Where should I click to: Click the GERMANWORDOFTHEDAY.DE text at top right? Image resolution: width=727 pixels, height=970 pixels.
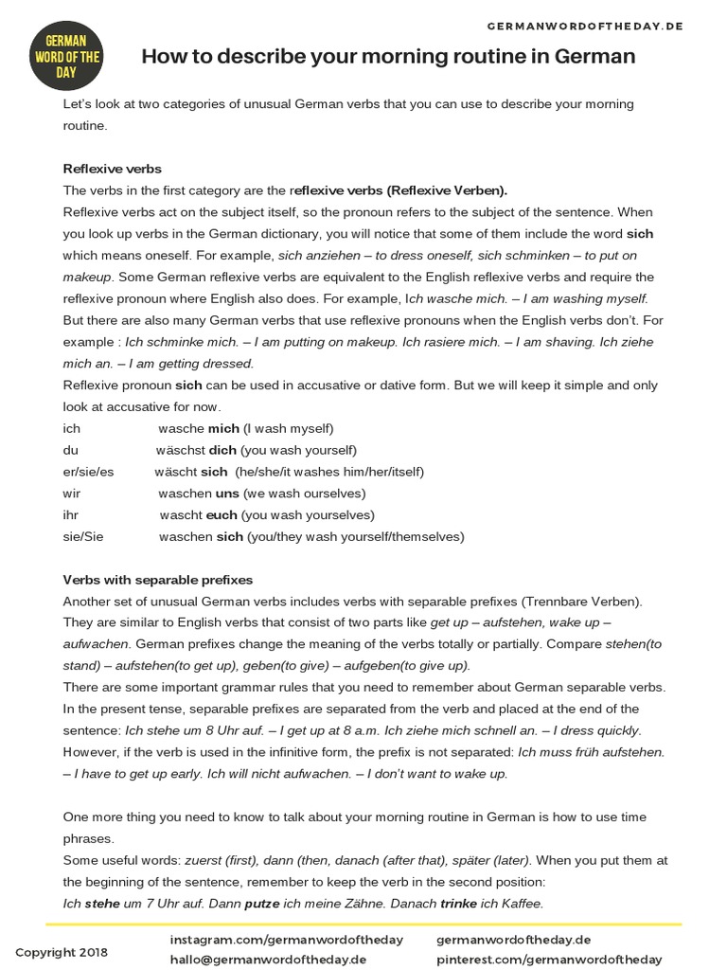tap(585, 26)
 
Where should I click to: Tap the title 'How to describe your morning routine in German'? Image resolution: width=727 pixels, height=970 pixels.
tap(388, 57)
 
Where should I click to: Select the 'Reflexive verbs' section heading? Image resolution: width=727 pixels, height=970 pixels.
tap(112, 169)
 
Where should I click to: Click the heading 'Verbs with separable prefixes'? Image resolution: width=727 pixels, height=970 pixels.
tap(157, 580)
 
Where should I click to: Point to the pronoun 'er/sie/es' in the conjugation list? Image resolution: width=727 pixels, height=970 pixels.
tap(88, 472)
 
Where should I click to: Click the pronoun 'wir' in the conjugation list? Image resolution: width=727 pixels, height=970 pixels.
tap(72, 494)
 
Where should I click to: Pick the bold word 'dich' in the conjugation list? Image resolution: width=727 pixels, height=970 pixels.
tap(222, 450)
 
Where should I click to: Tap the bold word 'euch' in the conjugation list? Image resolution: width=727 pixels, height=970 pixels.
tap(222, 515)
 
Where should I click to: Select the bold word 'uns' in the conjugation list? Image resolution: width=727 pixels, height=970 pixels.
tap(227, 494)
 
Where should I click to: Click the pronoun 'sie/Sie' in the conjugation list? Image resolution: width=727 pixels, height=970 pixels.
tap(83, 537)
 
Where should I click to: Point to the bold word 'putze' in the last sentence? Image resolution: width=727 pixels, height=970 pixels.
tap(262, 904)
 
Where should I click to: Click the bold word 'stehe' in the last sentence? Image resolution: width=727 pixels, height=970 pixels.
tap(102, 904)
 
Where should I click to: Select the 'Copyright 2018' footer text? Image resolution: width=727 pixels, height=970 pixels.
tap(62, 952)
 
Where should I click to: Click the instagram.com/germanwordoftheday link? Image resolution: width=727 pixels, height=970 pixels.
tap(286, 940)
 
